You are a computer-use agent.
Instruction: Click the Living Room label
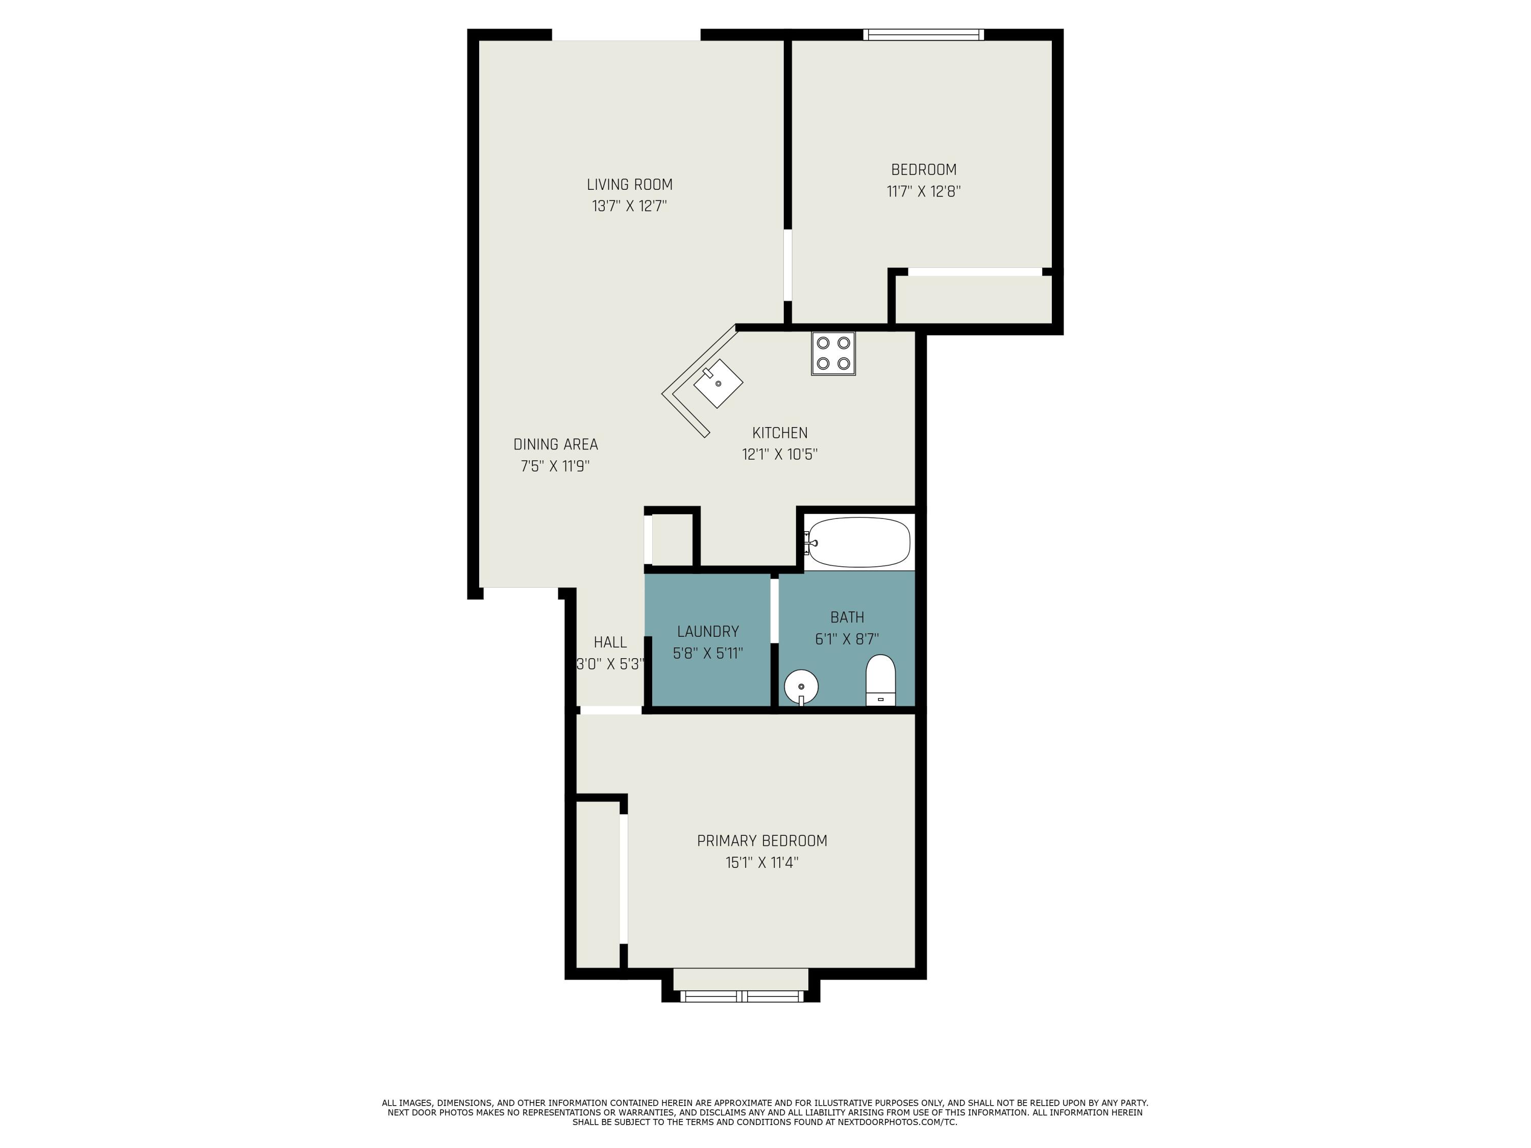pyautogui.click(x=629, y=184)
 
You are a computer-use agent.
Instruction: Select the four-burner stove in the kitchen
pyautogui.click(x=833, y=353)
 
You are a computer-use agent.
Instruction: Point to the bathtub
pyautogui.click(x=859, y=542)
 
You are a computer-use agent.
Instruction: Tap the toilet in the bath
pyautogui.click(x=880, y=680)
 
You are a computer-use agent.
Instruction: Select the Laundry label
pyautogui.click(x=707, y=631)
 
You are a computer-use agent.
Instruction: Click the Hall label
pyautogui.click(x=610, y=642)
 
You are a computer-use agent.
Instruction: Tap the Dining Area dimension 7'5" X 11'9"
pyautogui.click(x=555, y=466)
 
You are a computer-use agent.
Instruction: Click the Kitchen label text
pyautogui.click(x=779, y=433)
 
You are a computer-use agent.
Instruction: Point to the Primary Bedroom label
pyautogui.click(x=761, y=841)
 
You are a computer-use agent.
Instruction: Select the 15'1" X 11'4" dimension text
pyautogui.click(x=761, y=863)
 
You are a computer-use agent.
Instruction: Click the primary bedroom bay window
pyautogui.click(x=740, y=996)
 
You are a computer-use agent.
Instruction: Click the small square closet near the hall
pyautogui.click(x=672, y=540)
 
